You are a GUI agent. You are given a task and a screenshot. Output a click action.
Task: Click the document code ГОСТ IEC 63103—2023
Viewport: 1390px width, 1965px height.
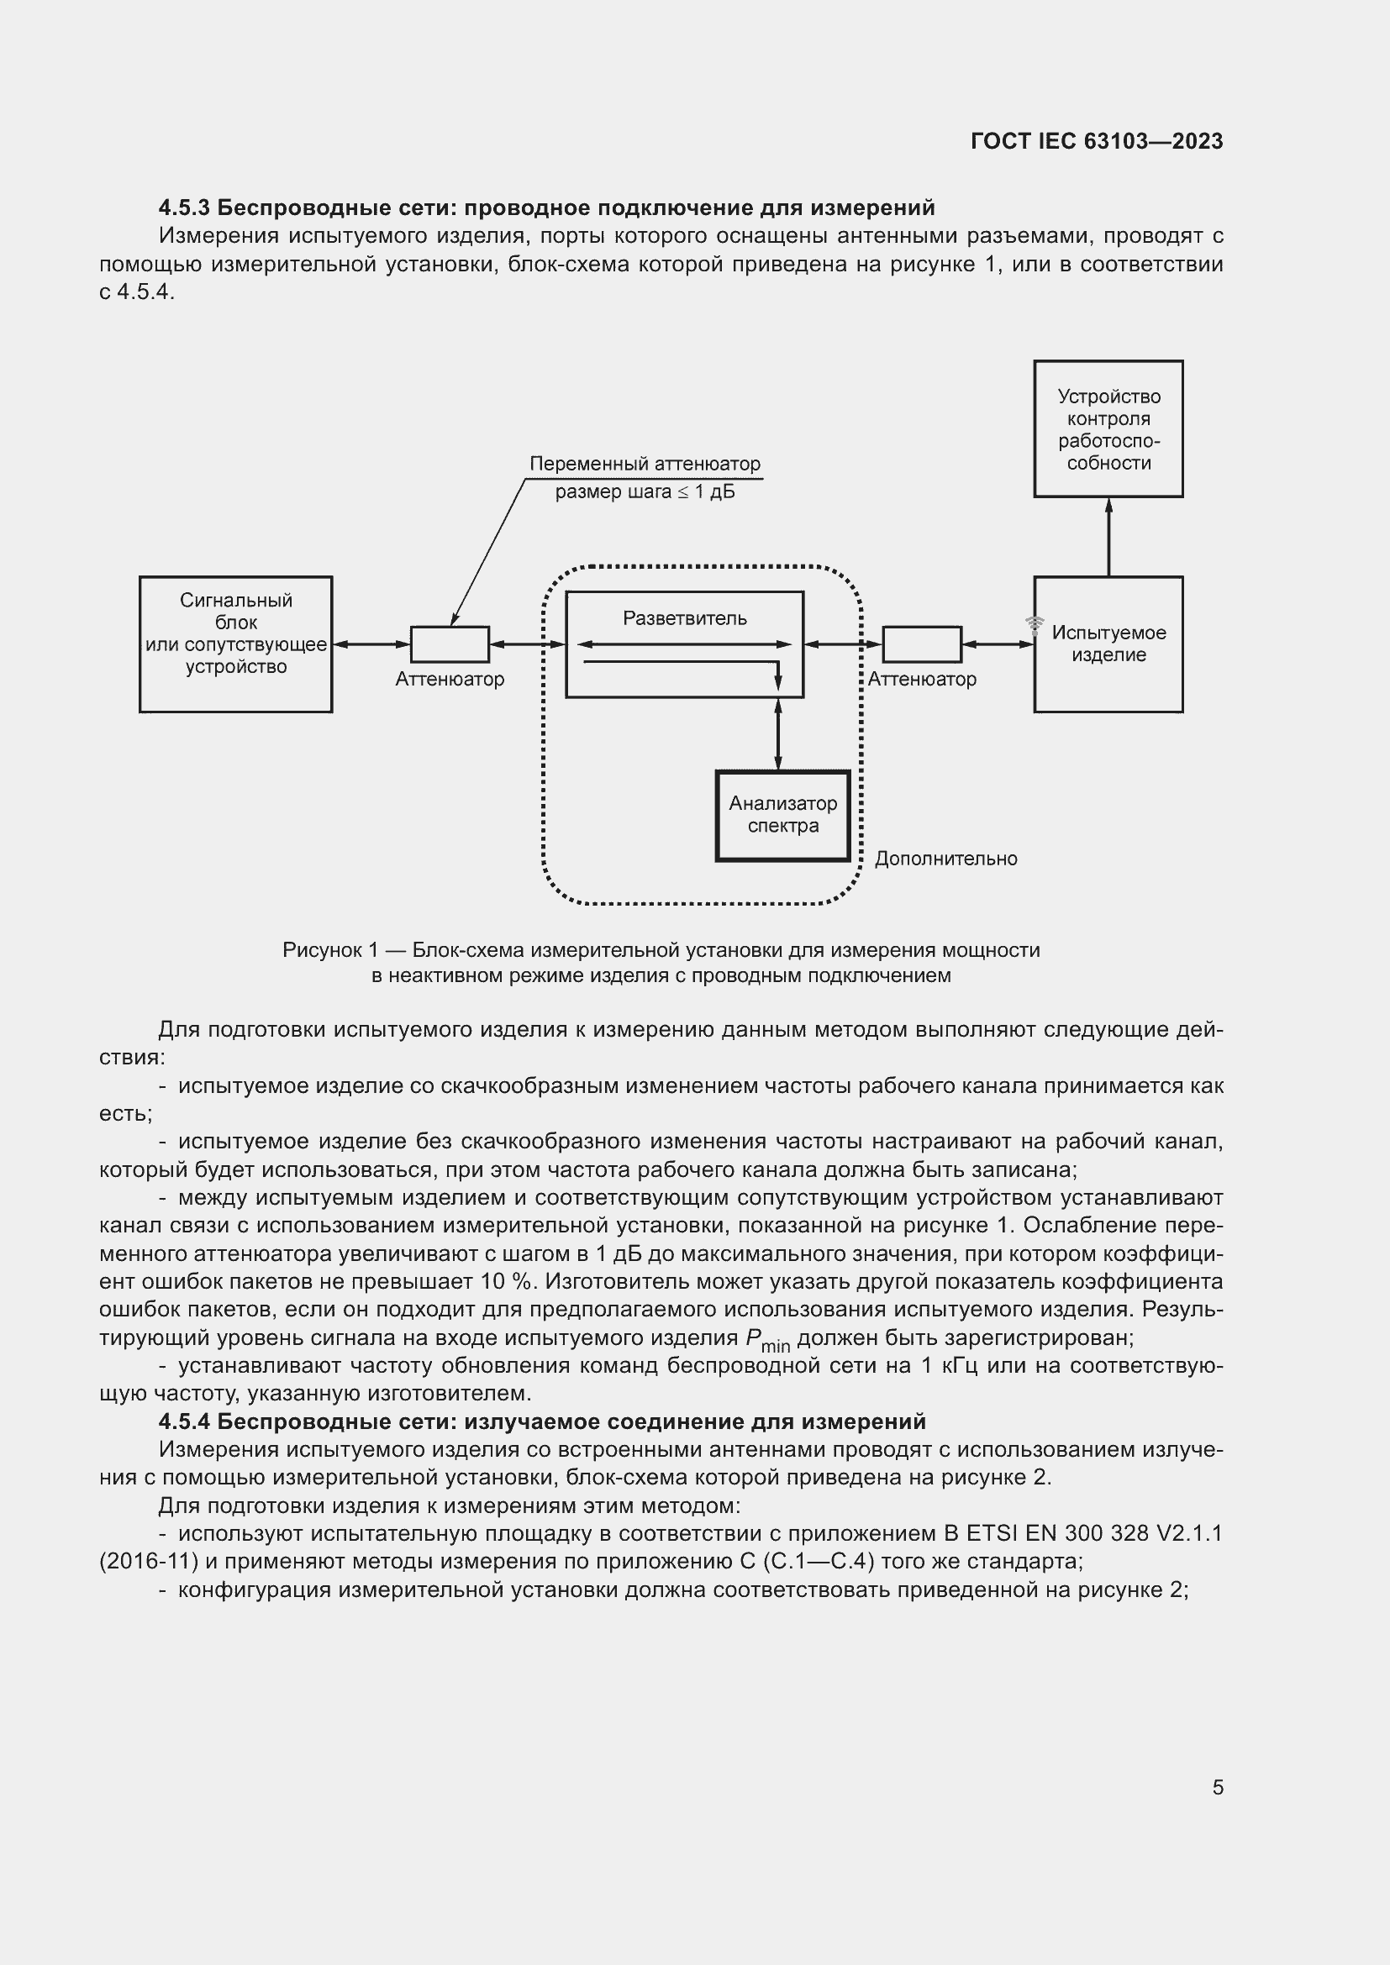click(x=1097, y=141)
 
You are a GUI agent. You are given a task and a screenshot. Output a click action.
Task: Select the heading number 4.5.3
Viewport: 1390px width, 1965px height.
click(x=184, y=208)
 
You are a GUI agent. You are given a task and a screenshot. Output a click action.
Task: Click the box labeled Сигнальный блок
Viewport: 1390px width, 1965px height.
click(x=235, y=644)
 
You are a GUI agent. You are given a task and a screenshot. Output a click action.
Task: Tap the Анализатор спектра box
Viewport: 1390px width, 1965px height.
click(x=782, y=816)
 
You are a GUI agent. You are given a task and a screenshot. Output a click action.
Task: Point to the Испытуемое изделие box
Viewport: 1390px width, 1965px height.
click(x=1108, y=644)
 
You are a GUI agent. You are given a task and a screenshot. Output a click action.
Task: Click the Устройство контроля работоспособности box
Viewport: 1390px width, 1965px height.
click(x=1108, y=428)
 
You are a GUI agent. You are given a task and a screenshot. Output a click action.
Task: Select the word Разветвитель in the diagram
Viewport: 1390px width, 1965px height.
click(x=685, y=618)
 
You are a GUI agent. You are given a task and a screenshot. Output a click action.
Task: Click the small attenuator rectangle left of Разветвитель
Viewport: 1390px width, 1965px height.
click(x=450, y=644)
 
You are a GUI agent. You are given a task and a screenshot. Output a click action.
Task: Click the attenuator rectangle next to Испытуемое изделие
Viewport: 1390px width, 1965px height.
click(x=922, y=644)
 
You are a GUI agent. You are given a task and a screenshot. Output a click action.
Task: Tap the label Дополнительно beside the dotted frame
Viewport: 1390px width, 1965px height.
click(x=945, y=859)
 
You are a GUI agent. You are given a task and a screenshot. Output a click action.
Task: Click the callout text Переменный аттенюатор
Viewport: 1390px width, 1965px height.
click(x=645, y=464)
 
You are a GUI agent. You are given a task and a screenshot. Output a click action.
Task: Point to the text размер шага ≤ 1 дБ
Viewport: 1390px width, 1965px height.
click(x=645, y=492)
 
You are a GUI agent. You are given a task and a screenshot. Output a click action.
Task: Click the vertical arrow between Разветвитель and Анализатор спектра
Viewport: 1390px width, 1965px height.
click(x=777, y=734)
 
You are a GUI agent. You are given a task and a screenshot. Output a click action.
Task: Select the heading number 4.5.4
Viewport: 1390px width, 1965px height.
click(x=184, y=1421)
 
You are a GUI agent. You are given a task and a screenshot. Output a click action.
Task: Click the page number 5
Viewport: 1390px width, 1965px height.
click(x=1217, y=1787)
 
